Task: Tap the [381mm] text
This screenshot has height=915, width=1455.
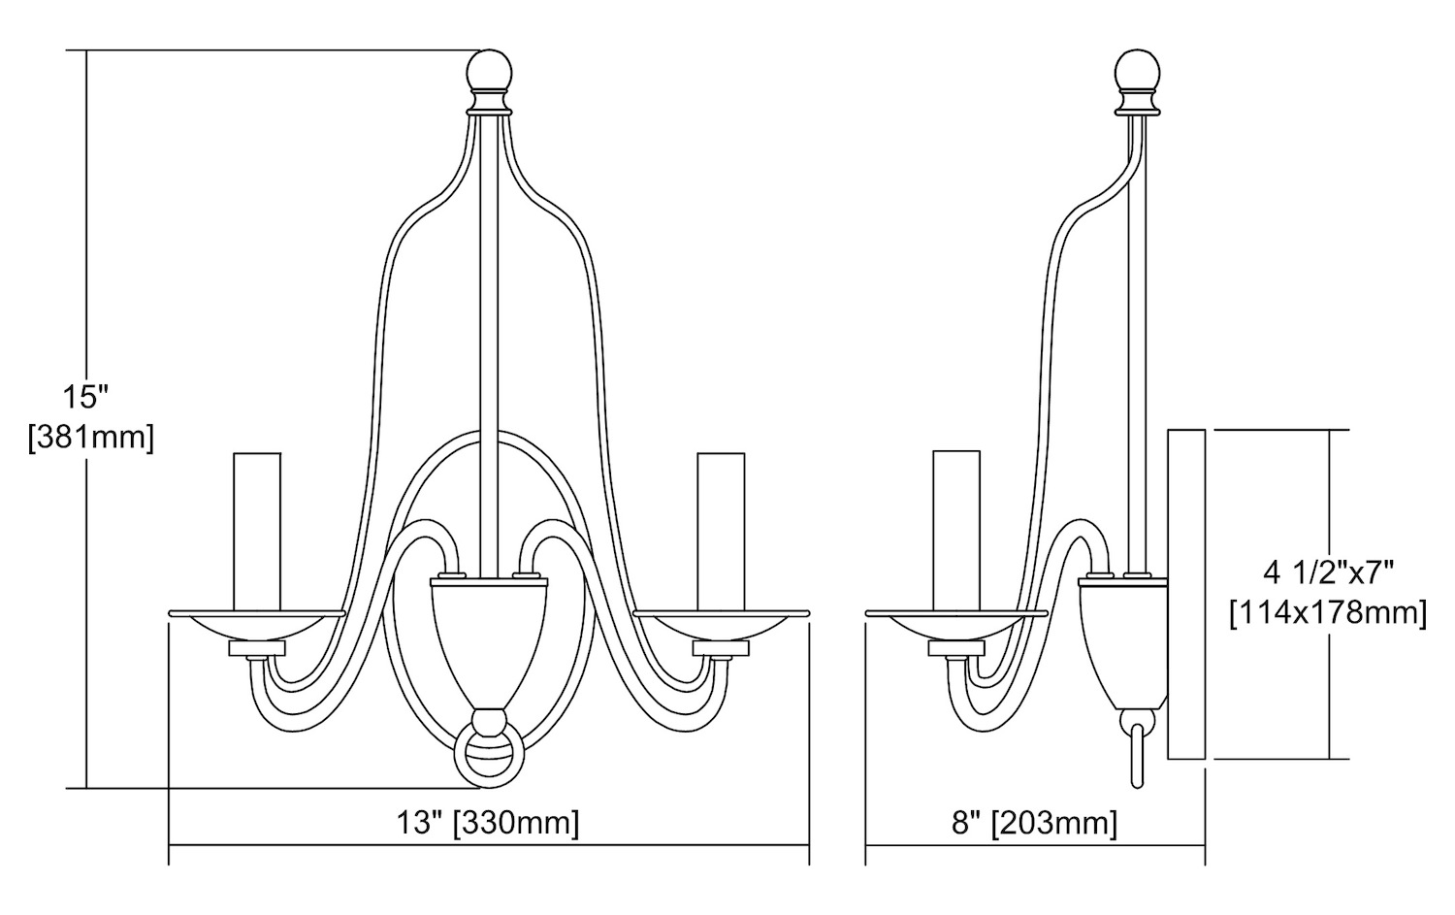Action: click(x=91, y=437)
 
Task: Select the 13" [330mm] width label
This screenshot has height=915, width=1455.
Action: click(x=488, y=822)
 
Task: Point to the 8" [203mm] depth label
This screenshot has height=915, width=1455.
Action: click(x=1034, y=822)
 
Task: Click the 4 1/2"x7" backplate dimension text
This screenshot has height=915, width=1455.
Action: click(x=1328, y=572)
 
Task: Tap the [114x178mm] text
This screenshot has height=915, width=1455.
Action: click(x=1328, y=613)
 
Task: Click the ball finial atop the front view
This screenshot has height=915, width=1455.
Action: click(x=491, y=71)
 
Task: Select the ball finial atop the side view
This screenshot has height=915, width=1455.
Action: click(x=1137, y=71)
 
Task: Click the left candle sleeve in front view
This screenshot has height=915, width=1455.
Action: click(x=257, y=532)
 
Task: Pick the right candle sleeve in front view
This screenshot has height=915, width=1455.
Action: click(x=721, y=532)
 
